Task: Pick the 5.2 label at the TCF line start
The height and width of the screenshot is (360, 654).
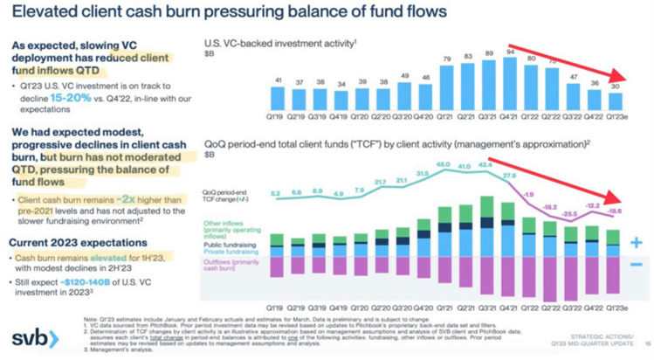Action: coord(276,193)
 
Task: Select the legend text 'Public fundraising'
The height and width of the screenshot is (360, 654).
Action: coord(231,246)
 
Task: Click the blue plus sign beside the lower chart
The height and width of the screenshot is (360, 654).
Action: coord(636,243)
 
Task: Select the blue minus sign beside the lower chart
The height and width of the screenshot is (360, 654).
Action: coord(636,264)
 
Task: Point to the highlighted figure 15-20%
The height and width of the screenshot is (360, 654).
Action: coord(73,101)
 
